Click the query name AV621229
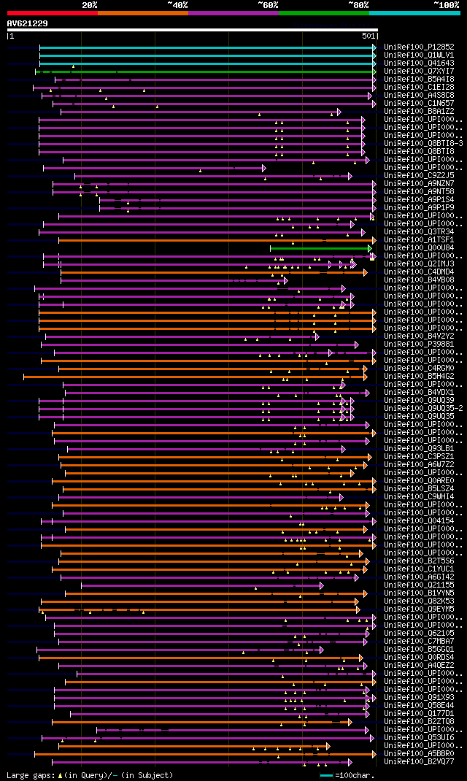pos(28,23)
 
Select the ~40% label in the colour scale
pos(177,5)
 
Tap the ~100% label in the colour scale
pos(447,5)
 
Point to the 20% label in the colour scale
pos(90,5)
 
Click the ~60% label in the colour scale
pos(268,5)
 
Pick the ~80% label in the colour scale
pos(358,5)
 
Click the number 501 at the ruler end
pos(368,35)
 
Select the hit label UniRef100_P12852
pos(419,47)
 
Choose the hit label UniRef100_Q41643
pos(419,63)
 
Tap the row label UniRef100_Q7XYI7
pos(419,71)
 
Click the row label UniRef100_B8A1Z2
pos(419,111)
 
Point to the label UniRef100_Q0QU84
pos(419,247)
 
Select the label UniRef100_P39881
pos(419,344)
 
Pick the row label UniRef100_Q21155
pos(419,585)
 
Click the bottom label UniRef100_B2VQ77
pos(419,761)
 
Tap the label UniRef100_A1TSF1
pos(419,239)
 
